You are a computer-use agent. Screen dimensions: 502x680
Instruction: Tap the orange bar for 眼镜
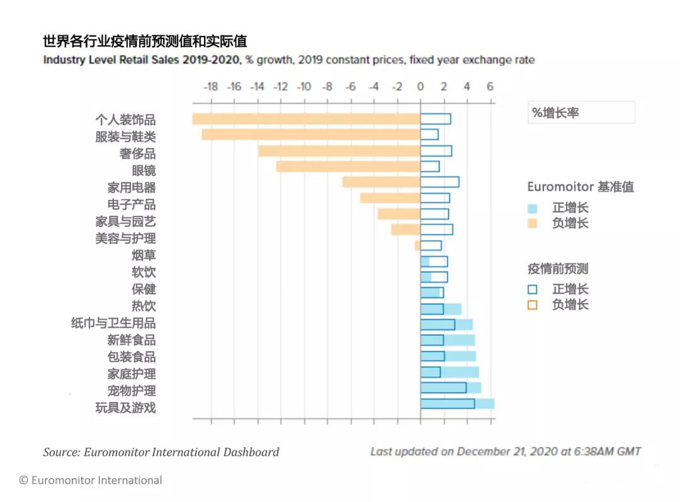(x=348, y=166)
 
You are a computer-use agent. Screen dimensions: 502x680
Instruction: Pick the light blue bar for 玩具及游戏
(x=484, y=404)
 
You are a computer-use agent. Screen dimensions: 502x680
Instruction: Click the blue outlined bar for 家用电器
(x=439, y=182)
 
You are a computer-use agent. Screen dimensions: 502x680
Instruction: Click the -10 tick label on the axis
(x=303, y=86)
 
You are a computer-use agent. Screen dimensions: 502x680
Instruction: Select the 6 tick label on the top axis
(x=490, y=86)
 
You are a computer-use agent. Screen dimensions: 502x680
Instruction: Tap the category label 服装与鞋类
(x=125, y=137)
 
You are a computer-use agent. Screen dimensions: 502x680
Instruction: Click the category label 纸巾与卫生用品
(x=113, y=323)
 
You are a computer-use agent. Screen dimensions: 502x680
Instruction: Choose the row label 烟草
(x=144, y=255)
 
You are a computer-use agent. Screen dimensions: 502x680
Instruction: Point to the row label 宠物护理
(x=132, y=391)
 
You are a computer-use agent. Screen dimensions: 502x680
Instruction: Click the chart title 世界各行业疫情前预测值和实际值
(x=145, y=42)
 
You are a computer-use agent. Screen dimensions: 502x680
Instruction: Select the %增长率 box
(x=581, y=113)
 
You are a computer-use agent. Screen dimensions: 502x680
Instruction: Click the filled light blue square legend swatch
(x=533, y=208)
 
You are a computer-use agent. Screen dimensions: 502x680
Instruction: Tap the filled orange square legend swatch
(x=533, y=223)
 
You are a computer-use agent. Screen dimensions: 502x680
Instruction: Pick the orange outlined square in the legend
(x=533, y=305)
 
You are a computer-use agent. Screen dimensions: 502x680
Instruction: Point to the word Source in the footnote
(x=59, y=452)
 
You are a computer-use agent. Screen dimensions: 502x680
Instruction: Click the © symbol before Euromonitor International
(x=24, y=481)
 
